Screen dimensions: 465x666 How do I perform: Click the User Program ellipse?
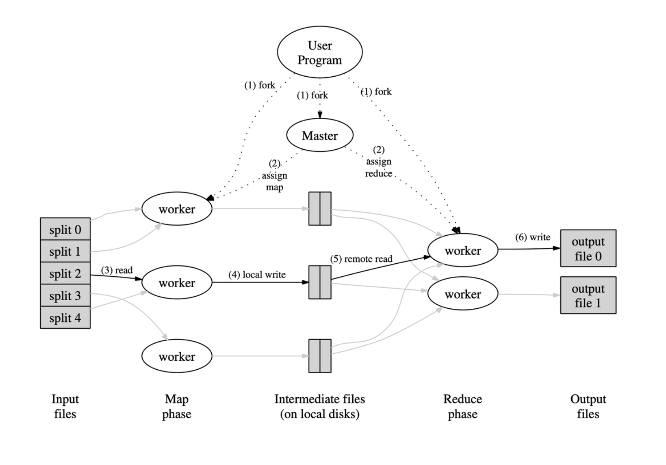pos(319,52)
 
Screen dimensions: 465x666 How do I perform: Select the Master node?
pos(319,136)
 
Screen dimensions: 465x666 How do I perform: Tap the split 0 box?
pos(65,230)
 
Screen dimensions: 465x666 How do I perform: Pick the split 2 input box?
pos(65,274)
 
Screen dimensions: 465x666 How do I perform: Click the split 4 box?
pos(65,318)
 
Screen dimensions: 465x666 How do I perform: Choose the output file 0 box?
pos(588,248)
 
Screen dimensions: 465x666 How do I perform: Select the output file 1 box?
pos(588,295)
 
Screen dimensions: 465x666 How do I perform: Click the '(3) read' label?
pos(117,270)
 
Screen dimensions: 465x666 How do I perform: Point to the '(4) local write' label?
pos(257,275)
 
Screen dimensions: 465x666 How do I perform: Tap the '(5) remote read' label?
pos(361,259)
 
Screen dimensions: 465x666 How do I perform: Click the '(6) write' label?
pos(532,237)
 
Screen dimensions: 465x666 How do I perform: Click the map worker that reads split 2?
pos(177,283)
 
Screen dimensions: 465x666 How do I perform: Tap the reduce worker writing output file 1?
pos(462,294)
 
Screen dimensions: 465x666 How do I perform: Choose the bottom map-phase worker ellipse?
pos(177,356)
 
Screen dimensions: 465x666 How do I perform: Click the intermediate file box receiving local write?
pos(319,282)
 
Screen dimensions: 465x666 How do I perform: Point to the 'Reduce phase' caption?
pos(462,407)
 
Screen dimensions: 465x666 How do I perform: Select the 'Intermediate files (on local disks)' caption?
pos(319,407)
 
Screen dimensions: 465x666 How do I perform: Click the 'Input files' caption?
pos(65,407)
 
